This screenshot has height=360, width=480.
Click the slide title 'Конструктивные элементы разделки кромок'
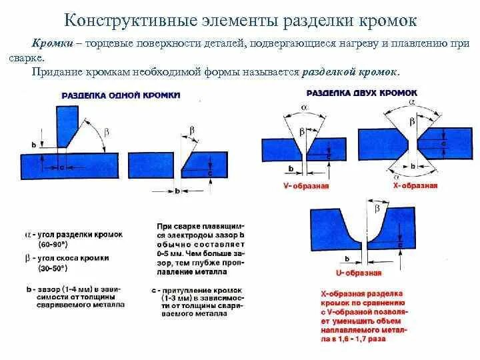click(240, 21)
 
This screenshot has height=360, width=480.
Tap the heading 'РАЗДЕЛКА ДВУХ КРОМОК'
click(362, 91)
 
